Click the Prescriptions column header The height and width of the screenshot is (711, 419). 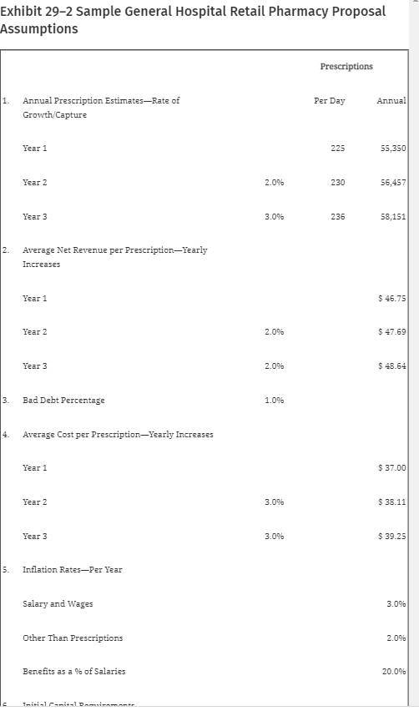[346, 66]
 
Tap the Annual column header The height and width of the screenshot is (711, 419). [391, 100]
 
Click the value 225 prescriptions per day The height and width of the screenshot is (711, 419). [337, 148]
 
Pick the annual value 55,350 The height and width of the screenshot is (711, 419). [392, 148]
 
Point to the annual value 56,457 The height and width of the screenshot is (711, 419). [392, 181]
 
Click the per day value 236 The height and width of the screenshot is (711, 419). [337, 215]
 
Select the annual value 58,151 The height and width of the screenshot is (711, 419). [392, 215]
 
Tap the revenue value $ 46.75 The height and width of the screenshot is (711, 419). [391, 298]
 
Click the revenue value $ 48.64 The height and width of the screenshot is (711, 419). [391, 366]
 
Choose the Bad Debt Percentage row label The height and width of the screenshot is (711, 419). [63, 400]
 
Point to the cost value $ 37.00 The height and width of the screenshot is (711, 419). [391, 467]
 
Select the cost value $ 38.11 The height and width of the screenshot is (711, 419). [391, 502]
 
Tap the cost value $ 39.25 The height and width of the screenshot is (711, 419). [391, 535]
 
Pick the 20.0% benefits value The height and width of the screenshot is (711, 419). [393, 671]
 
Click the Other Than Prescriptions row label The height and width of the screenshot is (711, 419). [73, 638]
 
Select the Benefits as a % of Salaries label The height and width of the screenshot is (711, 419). [74, 671]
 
